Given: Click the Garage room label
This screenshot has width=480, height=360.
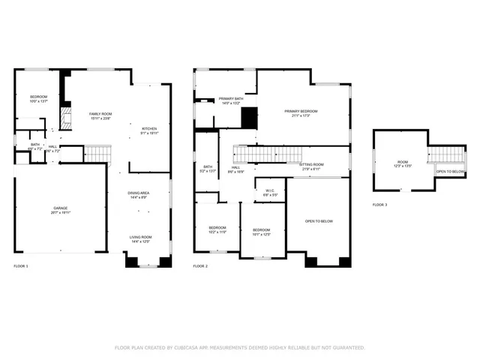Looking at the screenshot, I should click(61, 210).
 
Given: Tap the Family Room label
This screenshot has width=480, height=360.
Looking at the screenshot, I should click(100, 115).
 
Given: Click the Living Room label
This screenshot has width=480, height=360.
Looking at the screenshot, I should click(141, 239).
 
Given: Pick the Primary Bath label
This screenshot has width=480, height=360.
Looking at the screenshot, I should click(230, 100).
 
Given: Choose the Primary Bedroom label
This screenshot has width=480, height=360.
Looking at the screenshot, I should click(295, 113).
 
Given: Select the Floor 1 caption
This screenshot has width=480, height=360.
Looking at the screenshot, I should click(21, 266).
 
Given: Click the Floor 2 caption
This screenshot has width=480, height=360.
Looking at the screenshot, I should click(200, 266).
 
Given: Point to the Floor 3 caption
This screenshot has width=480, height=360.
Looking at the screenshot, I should click(380, 204).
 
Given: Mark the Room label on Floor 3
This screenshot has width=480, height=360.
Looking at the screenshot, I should click(403, 163).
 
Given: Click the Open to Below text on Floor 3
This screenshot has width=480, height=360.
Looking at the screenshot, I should click(450, 172).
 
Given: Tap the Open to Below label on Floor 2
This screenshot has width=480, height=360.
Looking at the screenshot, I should click(319, 222).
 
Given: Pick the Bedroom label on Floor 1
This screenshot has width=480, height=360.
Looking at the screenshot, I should click(38, 99).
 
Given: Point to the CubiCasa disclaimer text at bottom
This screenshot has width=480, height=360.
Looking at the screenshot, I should click(239, 347).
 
